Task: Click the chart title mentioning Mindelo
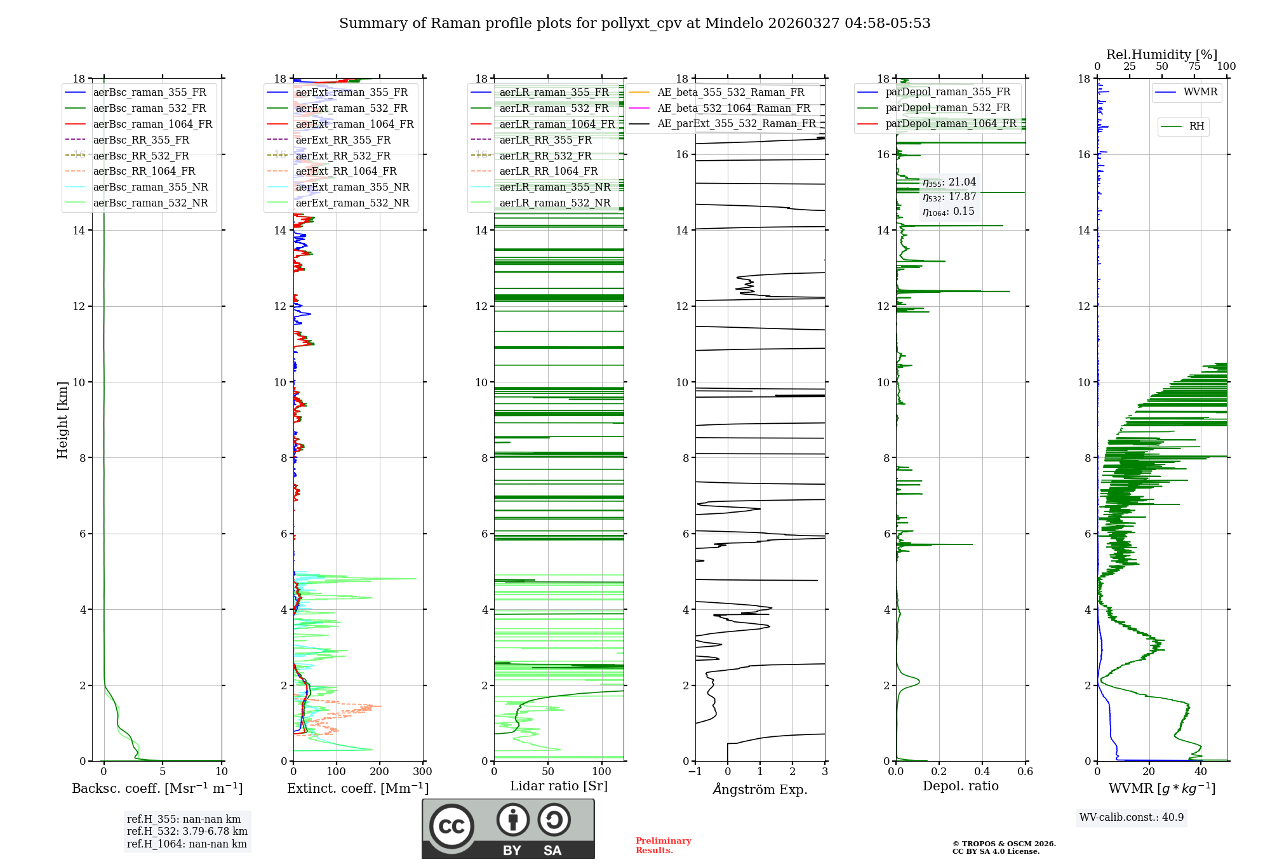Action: click(634, 24)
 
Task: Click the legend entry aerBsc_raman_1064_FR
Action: click(152, 124)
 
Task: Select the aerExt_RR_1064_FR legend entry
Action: click(345, 171)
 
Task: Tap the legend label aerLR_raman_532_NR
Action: click(554, 203)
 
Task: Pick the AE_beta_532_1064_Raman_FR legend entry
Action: click(733, 108)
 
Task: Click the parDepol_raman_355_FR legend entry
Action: click(947, 92)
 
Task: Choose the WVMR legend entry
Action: click(1200, 92)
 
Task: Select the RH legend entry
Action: click(1196, 126)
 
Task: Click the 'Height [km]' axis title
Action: click(62, 420)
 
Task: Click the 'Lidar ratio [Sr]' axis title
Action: click(558, 786)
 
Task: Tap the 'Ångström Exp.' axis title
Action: click(759, 790)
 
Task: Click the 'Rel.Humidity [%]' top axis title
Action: click(1161, 55)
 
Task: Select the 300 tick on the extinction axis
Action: click(422, 771)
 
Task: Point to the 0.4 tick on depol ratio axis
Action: click(982, 771)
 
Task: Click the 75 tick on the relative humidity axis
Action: click(1194, 67)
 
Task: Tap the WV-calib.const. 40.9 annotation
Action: click(1132, 817)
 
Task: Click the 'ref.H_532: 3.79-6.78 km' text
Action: click(187, 831)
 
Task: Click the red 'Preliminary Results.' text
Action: click(663, 846)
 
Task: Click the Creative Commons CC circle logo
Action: click(451, 826)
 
